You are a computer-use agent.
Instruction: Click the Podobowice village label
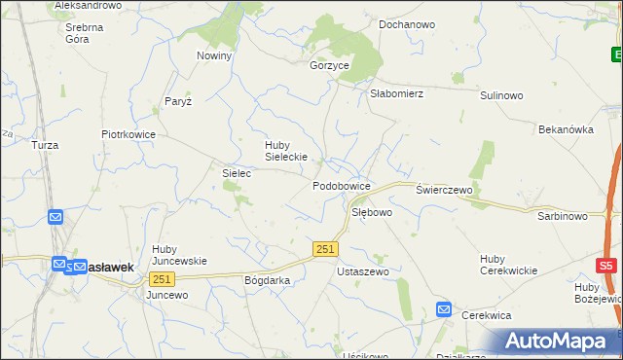(x=341, y=185)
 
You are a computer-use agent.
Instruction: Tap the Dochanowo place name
(x=406, y=23)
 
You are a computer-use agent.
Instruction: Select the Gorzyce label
(x=329, y=65)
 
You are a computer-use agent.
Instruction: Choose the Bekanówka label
(x=566, y=128)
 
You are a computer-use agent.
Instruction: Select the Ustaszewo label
(x=362, y=271)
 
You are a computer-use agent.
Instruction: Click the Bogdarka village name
(x=268, y=279)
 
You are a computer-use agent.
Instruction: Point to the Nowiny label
(x=214, y=55)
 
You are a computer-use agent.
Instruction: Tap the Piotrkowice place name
(x=128, y=134)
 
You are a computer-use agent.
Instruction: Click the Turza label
(x=45, y=145)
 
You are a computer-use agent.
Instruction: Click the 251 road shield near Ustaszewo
(x=326, y=249)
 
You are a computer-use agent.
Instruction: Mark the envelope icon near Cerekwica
(x=444, y=309)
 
